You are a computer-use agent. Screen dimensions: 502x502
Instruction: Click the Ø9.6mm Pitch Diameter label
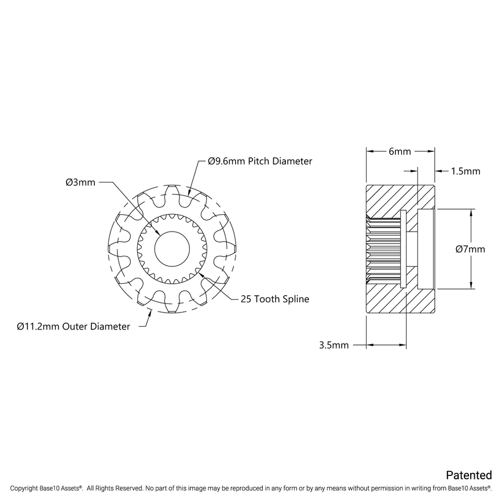click(x=260, y=162)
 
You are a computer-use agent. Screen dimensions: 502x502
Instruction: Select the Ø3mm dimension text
click(x=80, y=182)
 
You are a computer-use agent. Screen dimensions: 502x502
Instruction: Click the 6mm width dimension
click(x=400, y=152)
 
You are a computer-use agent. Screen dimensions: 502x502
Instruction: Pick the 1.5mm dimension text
click(x=465, y=171)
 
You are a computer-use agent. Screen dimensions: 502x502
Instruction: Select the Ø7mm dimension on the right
click(x=470, y=249)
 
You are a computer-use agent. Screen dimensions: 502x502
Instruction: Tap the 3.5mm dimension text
click(x=334, y=345)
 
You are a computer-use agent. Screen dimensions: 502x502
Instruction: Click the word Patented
click(x=468, y=475)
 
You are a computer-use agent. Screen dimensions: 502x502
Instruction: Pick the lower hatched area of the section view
click(x=400, y=298)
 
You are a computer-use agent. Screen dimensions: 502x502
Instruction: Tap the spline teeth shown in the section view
click(x=382, y=249)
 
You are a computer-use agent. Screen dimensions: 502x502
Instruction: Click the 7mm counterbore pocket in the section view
click(x=426, y=249)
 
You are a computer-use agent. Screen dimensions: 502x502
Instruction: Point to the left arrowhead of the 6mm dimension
click(x=368, y=152)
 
